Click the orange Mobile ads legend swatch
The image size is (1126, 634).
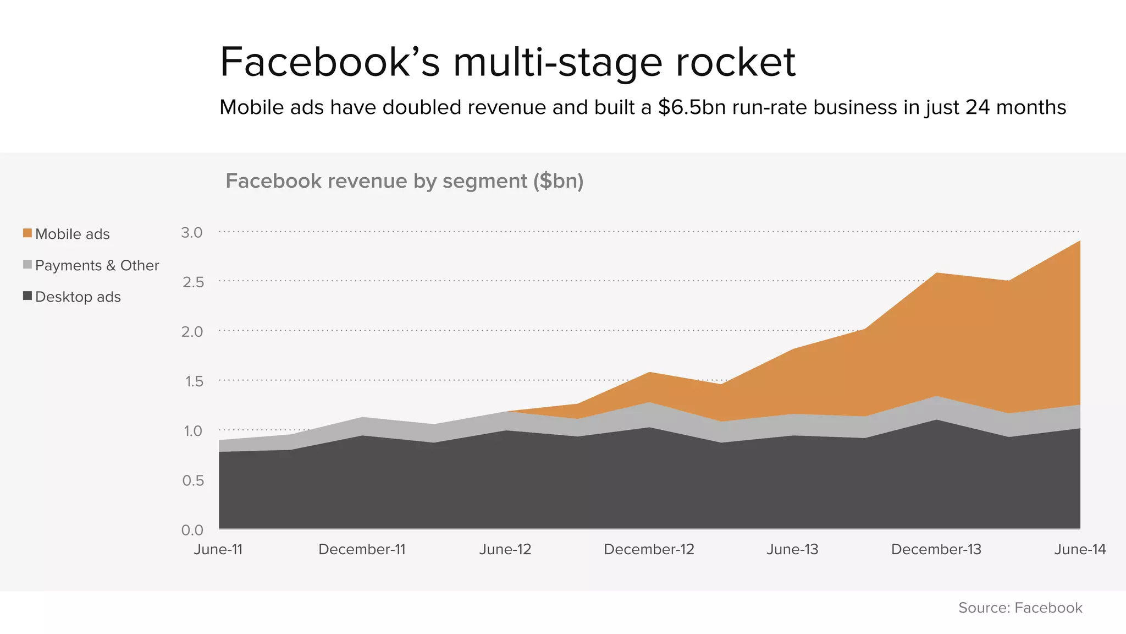[27, 233]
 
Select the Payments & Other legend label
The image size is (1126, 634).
[97, 265]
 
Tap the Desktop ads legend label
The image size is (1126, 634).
[78, 297]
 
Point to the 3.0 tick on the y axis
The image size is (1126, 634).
[192, 232]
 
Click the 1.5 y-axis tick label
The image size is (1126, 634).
[194, 381]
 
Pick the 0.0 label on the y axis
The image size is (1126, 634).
[192, 530]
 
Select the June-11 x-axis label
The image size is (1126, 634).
[218, 549]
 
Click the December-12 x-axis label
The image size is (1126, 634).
[649, 549]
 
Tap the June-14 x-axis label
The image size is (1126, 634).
[1080, 549]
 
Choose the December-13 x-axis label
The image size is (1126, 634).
[936, 549]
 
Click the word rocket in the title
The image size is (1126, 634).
[735, 62]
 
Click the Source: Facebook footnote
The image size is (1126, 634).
[1020, 608]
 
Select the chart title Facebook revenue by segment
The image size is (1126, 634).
[404, 181]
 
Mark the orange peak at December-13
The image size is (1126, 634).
[936, 274]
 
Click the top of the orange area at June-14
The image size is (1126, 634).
[1079, 242]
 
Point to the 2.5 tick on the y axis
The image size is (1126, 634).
[193, 282]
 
